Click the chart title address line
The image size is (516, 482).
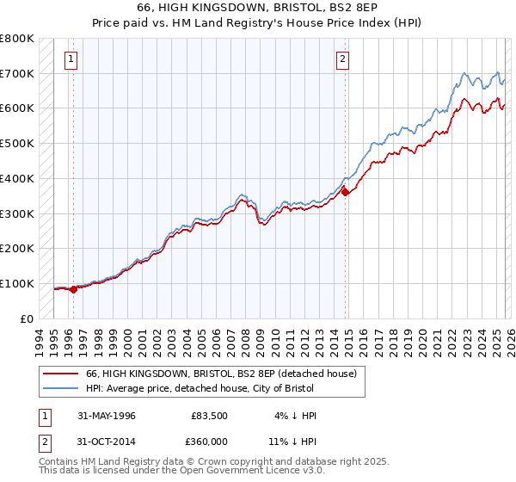pos(258,8)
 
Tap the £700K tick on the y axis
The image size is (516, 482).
pos(17,74)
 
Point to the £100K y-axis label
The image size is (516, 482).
pos(17,283)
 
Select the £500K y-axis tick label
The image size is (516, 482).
pos(17,144)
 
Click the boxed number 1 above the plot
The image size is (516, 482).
pos(71,59)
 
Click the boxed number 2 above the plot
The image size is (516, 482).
pos(342,59)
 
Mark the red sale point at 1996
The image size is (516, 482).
pos(74,289)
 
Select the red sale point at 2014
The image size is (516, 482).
pos(346,193)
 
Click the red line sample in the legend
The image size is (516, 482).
pos(61,374)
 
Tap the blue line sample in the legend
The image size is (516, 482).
pos(61,388)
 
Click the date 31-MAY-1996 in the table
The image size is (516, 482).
pos(107,416)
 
